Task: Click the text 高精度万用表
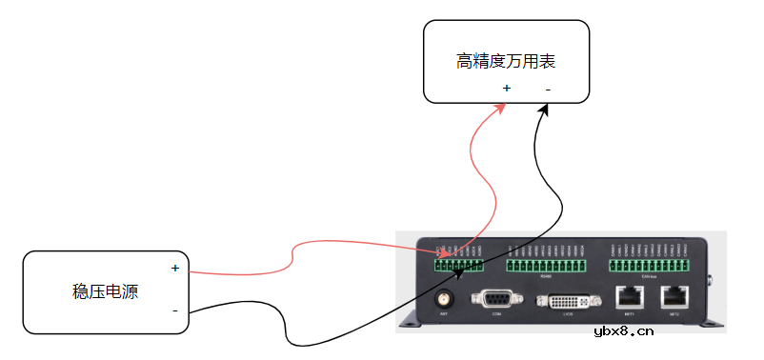(506, 62)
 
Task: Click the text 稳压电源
(105, 291)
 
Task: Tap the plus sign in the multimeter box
(506, 89)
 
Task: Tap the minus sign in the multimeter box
(548, 89)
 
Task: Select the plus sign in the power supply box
(175, 268)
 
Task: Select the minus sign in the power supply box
(175, 310)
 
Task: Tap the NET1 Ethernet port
(629, 297)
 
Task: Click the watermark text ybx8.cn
(624, 331)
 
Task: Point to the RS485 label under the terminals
(546, 277)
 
